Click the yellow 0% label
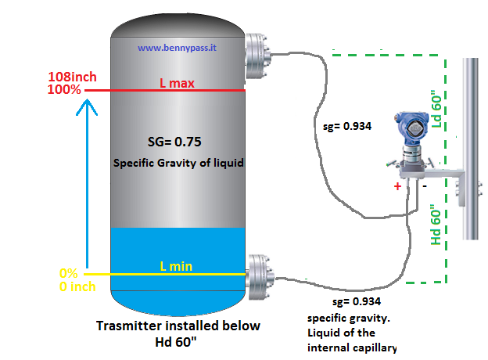(x=70, y=274)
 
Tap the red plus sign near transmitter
(x=398, y=187)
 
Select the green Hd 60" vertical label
(x=436, y=225)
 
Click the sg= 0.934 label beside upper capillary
(x=347, y=125)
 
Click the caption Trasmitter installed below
(x=178, y=326)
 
